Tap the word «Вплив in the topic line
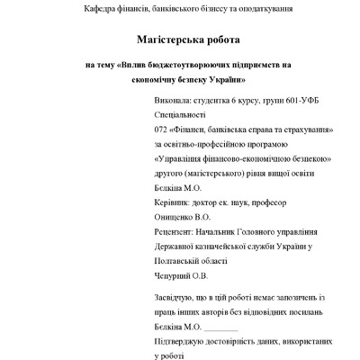click(x=134, y=66)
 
